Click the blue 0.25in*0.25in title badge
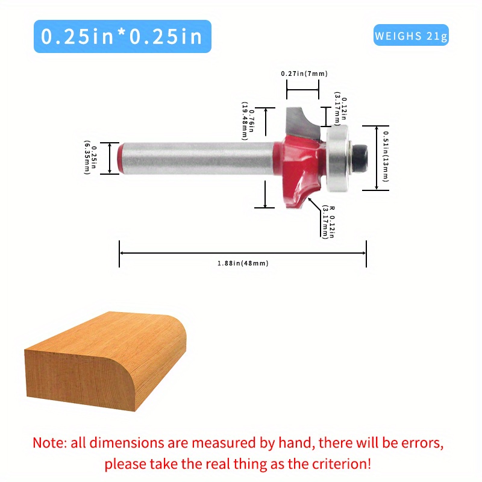tap(122, 36)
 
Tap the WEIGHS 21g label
tap(411, 36)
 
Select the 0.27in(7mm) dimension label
tap(304, 74)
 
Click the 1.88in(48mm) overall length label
tap(242, 263)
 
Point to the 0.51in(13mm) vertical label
tap(386, 157)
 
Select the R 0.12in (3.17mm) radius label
tap(329, 222)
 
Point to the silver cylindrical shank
tap(199, 158)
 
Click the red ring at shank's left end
tap(122, 158)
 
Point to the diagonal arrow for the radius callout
tap(314, 205)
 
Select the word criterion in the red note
tap(340, 464)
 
